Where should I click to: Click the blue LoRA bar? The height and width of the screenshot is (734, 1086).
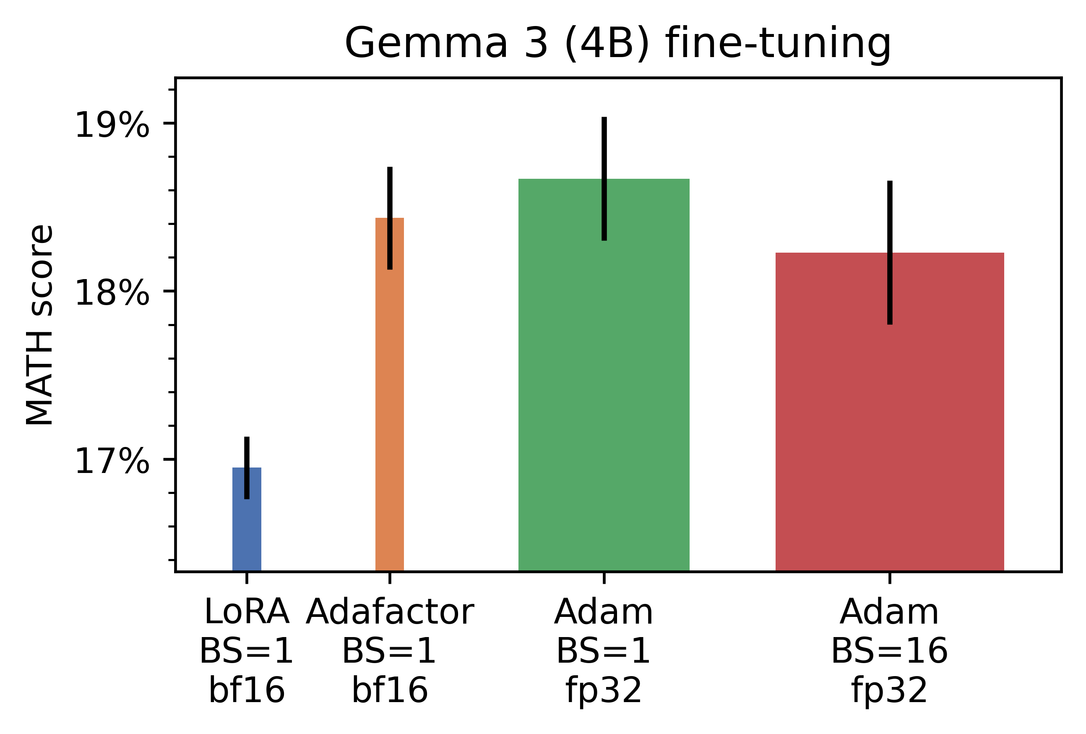coord(247,520)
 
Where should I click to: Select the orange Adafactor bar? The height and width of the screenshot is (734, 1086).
coord(390,394)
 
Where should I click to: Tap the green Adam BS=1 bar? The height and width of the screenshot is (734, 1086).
coord(604,375)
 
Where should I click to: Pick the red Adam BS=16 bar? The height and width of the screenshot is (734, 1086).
coord(890,412)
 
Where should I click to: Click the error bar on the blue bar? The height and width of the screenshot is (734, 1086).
coord(247,468)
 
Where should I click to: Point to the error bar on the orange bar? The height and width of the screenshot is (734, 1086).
coord(390,218)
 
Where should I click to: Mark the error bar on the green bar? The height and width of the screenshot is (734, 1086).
coord(604,179)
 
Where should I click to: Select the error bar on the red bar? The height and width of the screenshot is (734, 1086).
coord(890,253)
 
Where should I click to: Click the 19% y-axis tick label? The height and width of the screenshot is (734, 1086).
coord(112,125)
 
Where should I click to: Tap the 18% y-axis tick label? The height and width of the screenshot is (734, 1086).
coord(112,293)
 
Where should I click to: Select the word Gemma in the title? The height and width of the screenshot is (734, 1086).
coord(426,44)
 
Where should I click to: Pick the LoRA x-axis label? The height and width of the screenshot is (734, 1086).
coord(247,612)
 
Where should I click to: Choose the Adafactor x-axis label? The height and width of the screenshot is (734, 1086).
coord(390,612)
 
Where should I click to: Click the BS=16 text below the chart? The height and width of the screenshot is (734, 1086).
coord(890,651)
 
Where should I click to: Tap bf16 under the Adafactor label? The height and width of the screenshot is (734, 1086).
coord(390,690)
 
